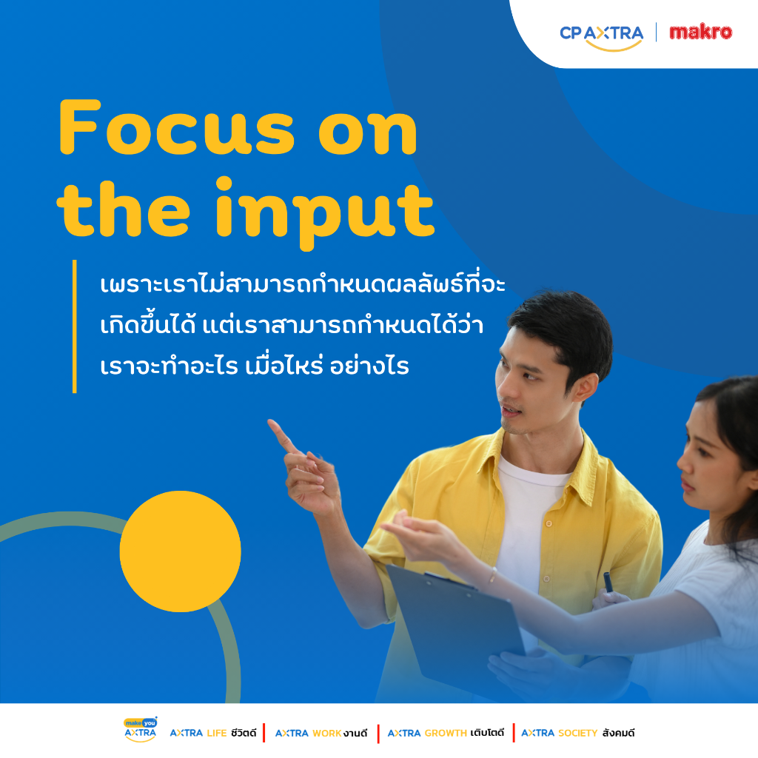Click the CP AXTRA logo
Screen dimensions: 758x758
click(601, 37)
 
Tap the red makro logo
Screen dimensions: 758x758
click(700, 32)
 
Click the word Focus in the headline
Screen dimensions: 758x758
click(176, 127)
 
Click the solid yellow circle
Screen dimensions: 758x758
click(181, 551)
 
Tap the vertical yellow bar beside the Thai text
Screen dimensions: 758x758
click(75, 326)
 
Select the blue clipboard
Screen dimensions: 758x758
click(455, 628)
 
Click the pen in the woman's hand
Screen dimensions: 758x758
click(608, 582)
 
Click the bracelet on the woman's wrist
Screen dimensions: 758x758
click(492, 574)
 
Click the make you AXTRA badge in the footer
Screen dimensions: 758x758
click(140, 729)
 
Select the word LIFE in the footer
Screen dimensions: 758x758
click(217, 733)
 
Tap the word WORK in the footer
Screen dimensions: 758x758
click(326, 733)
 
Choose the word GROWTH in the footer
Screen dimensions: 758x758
click(445, 733)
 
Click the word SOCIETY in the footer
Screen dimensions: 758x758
click(577, 733)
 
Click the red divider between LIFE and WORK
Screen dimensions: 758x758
click(264, 733)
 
